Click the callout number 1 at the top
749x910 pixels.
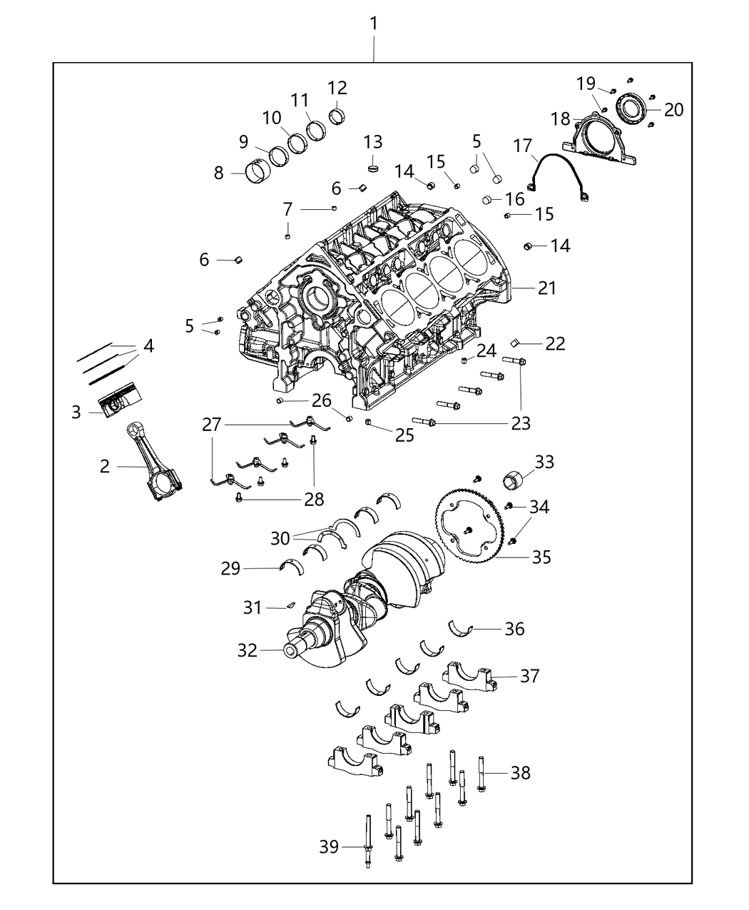[x=373, y=24]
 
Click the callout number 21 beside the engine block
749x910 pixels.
[x=547, y=288]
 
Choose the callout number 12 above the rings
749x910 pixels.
[x=337, y=88]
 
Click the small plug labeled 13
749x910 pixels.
[x=373, y=167]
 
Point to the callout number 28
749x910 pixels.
[x=315, y=498]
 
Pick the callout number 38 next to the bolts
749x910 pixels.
[x=521, y=772]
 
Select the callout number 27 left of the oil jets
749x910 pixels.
[x=212, y=425]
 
